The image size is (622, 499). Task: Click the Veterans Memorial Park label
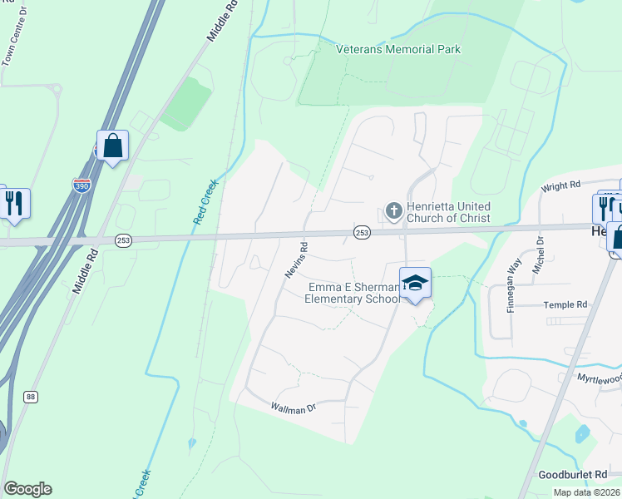[397, 49]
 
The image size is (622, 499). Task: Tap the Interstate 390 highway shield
[81, 185]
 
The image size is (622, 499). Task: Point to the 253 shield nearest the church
[362, 234]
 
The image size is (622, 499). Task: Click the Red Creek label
[205, 201]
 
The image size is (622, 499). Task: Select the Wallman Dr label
[294, 408]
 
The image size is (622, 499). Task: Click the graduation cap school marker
[416, 284]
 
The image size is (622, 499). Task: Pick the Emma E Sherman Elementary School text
[353, 293]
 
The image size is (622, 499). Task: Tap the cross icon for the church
[393, 211]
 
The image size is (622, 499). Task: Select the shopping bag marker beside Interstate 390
[112, 146]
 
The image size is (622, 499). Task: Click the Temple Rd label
[565, 305]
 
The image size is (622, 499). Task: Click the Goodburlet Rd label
[585, 474]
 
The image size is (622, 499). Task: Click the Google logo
[27, 489]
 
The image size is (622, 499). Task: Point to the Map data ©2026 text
[586, 492]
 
